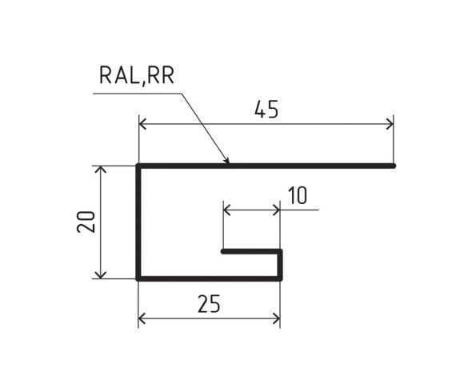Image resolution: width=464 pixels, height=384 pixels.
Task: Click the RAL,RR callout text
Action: [x=136, y=76]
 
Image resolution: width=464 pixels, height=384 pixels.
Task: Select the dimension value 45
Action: [x=266, y=110]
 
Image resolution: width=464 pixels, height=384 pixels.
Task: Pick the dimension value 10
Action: [x=297, y=196]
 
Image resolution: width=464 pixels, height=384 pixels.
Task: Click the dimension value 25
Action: [x=209, y=304]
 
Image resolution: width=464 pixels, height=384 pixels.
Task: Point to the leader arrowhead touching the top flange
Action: [x=226, y=162]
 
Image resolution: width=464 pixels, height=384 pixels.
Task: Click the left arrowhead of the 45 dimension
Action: [x=142, y=124]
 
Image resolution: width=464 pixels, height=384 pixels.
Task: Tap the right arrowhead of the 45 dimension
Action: [x=391, y=124]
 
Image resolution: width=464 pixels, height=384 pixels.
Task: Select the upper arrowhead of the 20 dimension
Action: [x=100, y=169]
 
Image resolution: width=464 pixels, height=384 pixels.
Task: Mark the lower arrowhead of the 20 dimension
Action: [x=100, y=276]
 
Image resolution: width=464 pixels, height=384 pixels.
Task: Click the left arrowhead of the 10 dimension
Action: [x=226, y=210]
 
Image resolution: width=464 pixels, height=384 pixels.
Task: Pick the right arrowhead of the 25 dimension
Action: [x=278, y=319]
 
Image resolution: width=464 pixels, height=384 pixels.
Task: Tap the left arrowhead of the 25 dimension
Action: [x=142, y=319]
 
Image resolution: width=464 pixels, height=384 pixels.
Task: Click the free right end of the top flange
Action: [x=394, y=166]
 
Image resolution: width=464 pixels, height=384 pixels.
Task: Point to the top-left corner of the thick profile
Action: [x=138, y=166]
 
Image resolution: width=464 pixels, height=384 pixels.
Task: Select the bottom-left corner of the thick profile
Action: [x=138, y=278]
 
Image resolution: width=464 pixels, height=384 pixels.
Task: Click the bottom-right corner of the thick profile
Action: [x=280, y=278]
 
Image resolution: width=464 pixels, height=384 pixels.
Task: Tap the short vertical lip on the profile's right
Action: [x=280, y=265]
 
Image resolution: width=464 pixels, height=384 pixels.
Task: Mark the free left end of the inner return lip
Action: [x=223, y=251]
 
